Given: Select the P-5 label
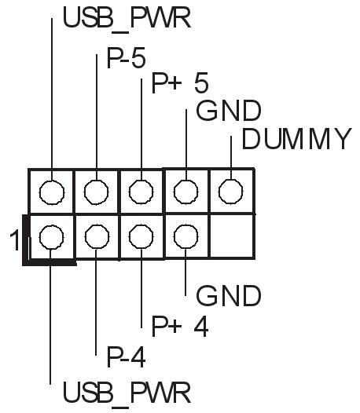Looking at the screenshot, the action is pos(126,57).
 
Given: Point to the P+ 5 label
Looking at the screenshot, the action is pos(180,83).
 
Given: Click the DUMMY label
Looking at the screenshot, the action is pos(297,139).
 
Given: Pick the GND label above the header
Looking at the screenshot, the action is pos(229,111).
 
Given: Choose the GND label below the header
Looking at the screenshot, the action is pos(229,296).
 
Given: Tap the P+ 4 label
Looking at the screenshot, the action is pos(180,327).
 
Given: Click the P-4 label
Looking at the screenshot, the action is pos(126,357).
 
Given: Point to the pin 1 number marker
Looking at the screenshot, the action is pos(14,240).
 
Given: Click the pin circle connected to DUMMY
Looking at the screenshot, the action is pos(231,192).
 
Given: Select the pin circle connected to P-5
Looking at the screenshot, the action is pos(96,192).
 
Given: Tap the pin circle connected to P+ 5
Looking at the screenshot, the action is pos(141,192).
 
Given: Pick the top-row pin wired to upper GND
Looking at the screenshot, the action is pos(186,192).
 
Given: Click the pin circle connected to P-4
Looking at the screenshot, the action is pos(97,237).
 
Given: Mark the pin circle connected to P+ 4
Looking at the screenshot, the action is pos(141,237).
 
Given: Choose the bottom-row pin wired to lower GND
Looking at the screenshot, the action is pos(186,237).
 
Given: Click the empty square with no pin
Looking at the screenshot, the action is pos(232,236).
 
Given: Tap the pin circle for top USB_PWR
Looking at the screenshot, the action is pos(52,192).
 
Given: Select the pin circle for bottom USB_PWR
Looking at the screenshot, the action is pos(51,237).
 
